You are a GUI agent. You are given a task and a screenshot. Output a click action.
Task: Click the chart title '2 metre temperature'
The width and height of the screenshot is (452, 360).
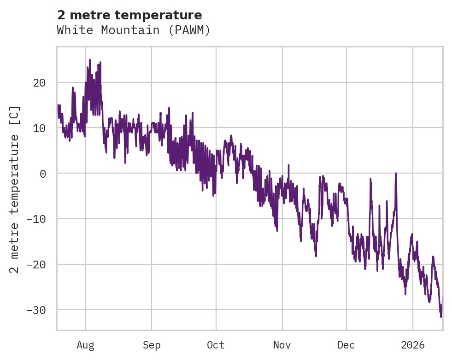129,15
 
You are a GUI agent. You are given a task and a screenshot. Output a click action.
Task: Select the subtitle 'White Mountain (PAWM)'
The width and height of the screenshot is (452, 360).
134,30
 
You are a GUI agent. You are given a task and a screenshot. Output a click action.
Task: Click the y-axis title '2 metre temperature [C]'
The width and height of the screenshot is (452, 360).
15,189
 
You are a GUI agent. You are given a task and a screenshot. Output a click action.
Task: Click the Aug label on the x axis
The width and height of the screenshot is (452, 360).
86,345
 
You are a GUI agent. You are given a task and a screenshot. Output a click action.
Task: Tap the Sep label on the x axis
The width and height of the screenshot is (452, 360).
152,345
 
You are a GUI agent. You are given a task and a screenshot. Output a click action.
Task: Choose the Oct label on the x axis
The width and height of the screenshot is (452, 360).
216,345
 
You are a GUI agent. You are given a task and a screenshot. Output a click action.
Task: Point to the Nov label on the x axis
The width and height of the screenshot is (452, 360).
282,345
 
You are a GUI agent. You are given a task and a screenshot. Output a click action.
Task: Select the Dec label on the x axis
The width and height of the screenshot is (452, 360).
346,345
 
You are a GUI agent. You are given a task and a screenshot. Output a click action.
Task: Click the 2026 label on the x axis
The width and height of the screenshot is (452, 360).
413,345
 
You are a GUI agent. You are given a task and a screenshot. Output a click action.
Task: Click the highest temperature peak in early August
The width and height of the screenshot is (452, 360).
90,60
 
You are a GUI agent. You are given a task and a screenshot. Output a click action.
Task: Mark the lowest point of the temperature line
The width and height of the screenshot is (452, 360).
440,317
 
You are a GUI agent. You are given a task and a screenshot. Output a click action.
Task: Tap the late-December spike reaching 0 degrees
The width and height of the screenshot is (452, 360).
395,174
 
